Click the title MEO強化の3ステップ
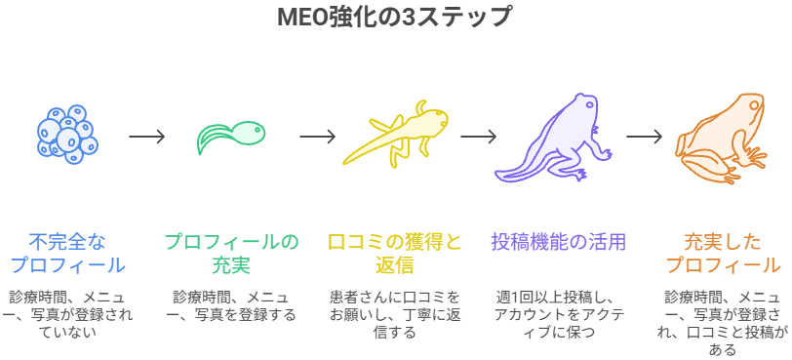pyautogui.click(x=395, y=18)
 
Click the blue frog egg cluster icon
pyautogui.click(x=66, y=134)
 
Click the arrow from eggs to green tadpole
pyautogui.click(x=147, y=137)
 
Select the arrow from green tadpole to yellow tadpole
pyautogui.click(x=318, y=137)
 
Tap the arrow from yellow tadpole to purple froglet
pyautogui.click(x=478, y=137)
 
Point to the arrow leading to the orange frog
pyautogui.click(x=644, y=137)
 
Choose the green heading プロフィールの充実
pyautogui.click(x=231, y=253)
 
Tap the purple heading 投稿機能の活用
pyautogui.click(x=557, y=241)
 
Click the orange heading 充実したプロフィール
pyautogui.click(x=722, y=253)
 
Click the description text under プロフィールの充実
pyautogui.click(x=231, y=305)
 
